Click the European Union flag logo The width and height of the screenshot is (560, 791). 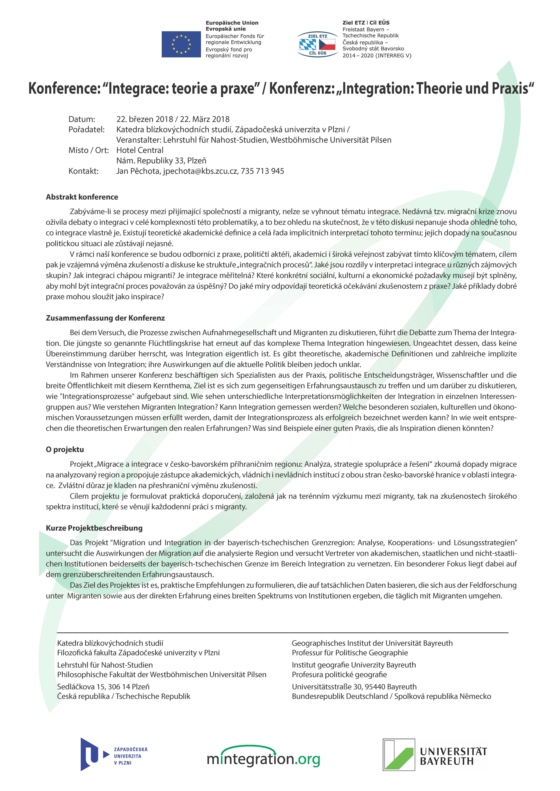coord(181,44)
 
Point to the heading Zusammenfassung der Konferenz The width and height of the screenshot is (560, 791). coord(105,318)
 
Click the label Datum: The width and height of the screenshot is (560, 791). coord(82,119)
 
